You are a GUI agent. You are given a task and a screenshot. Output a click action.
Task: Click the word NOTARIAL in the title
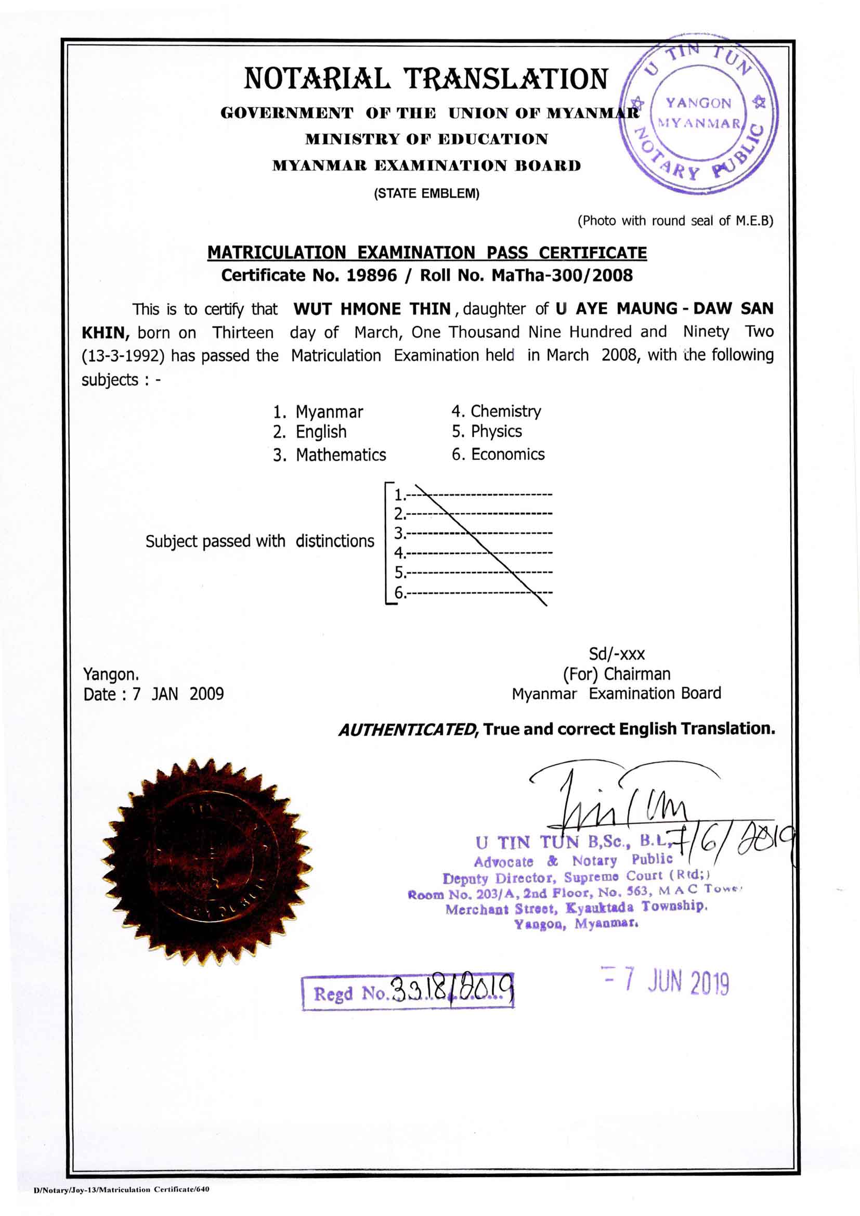pyautogui.click(x=317, y=79)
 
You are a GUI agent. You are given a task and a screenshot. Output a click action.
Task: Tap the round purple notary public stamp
pyautogui.click(x=698, y=113)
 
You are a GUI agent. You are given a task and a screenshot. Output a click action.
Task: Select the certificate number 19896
pyautogui.click(x=371, y=276)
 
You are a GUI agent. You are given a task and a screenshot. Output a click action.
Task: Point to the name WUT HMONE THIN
pyautogui.click(x=372, y=309)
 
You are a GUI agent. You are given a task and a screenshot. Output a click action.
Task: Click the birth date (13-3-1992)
pyautogui.click(x=123, y=356)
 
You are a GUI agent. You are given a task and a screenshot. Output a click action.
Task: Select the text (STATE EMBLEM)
pyautogui.click(x=426, y=194)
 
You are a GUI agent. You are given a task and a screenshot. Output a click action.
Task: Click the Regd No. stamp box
pyautogui.click(x=408, y=992)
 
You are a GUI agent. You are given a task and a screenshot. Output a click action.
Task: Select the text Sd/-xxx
pyautogui.click(x=617, y=655)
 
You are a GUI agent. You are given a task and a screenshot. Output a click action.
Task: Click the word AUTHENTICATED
pyautogui.click(x=408, y=730)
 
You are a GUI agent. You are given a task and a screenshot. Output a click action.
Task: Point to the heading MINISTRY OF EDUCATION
pyautogui.click(x=426, y=139)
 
